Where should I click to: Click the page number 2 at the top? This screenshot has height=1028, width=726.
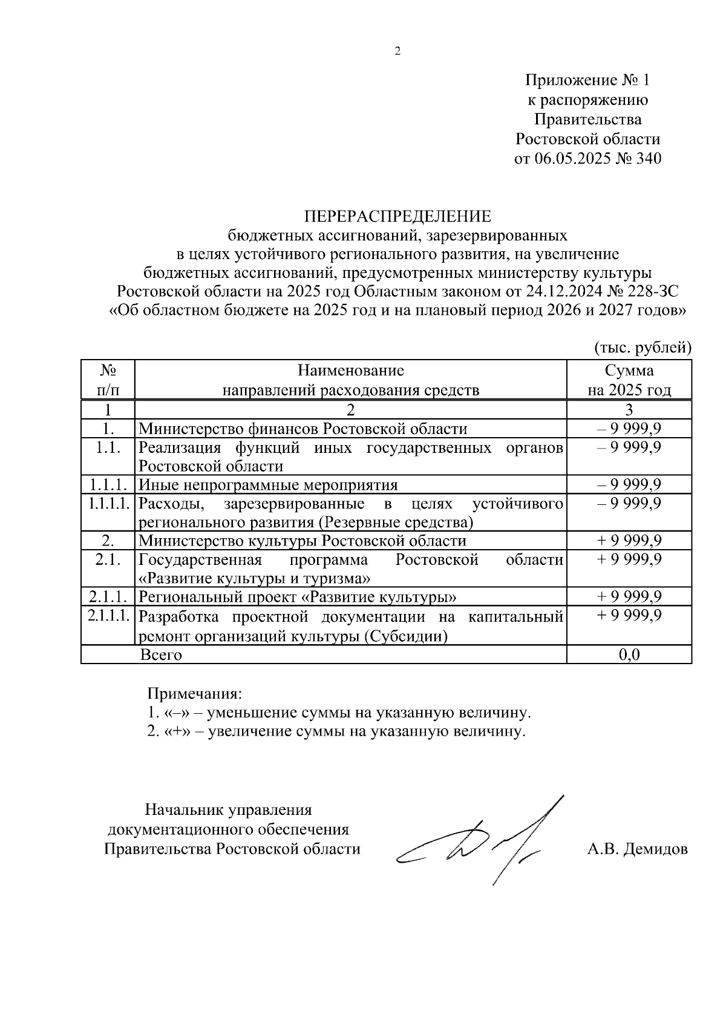(397, 52)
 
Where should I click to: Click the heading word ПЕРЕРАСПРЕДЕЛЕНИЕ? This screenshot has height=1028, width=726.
(397, 216)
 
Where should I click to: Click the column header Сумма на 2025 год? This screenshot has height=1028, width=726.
(629, 380)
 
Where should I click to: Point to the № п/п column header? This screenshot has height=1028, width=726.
(108, 380)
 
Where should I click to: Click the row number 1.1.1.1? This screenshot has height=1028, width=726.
(108, 504)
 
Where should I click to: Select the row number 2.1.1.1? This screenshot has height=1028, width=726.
(108, 616)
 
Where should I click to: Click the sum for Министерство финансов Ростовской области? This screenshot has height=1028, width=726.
(629, 429)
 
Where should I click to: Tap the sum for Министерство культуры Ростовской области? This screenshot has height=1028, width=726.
(629, 541)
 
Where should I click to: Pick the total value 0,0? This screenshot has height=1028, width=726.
(629, 654)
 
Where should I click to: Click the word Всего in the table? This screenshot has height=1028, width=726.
(161, 654)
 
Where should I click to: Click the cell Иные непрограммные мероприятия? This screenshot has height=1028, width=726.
(268, 485)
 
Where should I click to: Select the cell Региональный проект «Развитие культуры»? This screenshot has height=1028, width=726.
(297, 598)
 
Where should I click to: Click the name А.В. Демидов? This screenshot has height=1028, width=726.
(637, 849)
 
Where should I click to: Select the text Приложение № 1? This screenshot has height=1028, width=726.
(587, 80)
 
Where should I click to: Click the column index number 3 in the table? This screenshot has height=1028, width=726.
(629, 409)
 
